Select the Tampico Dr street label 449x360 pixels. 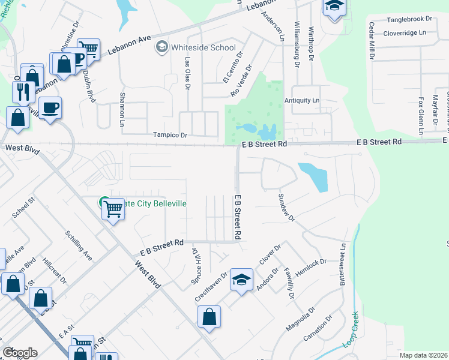170,135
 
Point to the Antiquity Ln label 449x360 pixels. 302,100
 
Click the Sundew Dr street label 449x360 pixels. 286,208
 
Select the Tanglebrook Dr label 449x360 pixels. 410,19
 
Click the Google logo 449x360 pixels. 19,352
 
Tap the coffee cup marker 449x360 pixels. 50,108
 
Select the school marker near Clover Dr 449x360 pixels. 241,280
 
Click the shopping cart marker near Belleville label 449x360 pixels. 113,209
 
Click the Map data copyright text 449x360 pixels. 423,355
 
